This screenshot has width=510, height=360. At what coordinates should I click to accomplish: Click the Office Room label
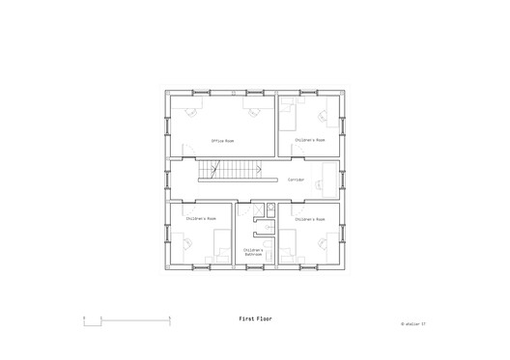[223, 141]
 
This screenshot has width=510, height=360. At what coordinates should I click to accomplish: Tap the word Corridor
[296, 180]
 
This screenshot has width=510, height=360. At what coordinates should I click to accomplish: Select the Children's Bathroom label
[254, 253]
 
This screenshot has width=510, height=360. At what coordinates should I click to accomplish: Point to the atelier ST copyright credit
[412, 324]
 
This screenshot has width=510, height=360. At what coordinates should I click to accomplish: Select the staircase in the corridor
[230, 171]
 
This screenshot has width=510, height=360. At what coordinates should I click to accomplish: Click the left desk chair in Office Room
[190, 112]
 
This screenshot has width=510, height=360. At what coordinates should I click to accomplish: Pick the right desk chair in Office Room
[254, 112]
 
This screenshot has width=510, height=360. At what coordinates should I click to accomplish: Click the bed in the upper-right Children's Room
[289, 117]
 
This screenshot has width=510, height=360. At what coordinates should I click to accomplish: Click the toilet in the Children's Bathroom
[271, 209]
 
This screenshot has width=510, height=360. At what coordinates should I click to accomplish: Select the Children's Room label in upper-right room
[310, 140]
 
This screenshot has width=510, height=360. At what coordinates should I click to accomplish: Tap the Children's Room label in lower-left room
[201, 219]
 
